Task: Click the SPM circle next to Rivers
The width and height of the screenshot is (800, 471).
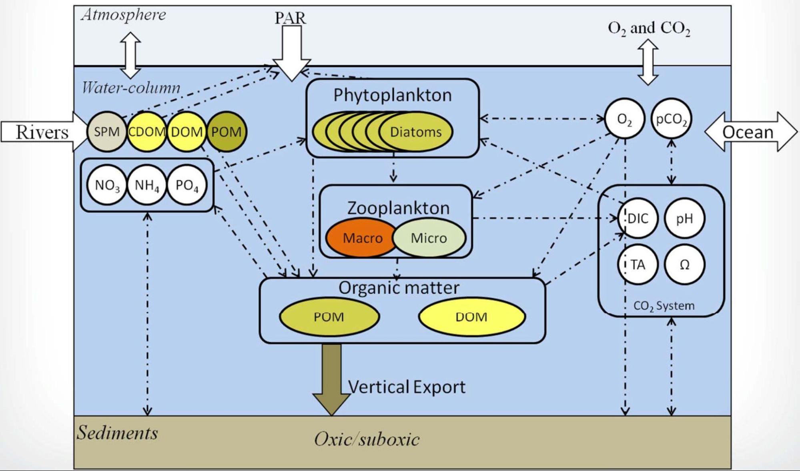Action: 106,132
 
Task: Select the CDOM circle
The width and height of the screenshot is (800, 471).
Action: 146,132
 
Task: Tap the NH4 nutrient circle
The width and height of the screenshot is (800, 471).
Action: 147,185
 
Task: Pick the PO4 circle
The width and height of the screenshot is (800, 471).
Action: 187,185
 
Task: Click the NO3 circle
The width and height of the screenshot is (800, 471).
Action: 107,185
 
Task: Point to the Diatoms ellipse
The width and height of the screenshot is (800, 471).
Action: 416,132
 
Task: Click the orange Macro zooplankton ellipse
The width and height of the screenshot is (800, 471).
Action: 362,238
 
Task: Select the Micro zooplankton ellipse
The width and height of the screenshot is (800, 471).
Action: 429,238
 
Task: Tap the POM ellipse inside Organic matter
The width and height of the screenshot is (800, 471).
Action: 329,317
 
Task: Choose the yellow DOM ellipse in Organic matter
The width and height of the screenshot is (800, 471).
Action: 471,317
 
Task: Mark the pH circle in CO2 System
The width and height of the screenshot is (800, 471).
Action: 684,218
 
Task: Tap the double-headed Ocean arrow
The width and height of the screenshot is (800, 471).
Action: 750,132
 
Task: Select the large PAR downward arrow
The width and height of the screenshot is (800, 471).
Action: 291,52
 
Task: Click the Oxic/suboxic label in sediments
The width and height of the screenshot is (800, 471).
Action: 367,439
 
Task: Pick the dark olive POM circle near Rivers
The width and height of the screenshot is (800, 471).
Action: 227,132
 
